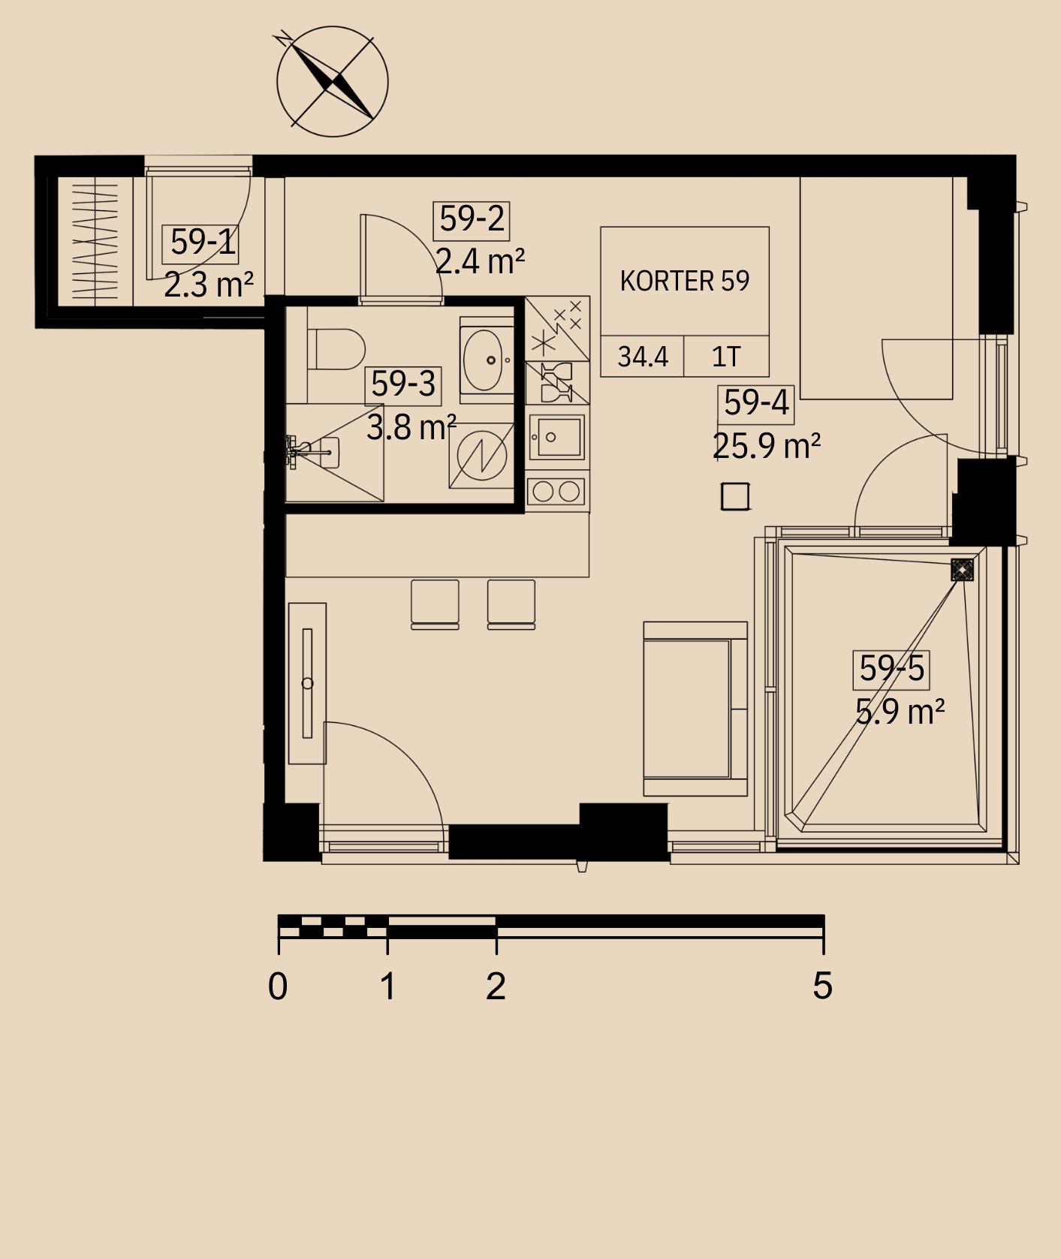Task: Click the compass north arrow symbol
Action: pyautogui.click(x=333, y=81)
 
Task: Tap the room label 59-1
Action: pyautogui.click(x=201, y=242)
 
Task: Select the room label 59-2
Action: pyautogui.click(x=472, y=219)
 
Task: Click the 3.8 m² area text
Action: pyautogui.click(x=411, y=427)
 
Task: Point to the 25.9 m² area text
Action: pyautogui.click(x=766, y=446)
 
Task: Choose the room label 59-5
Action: pyautogui.click(x=891, y=668)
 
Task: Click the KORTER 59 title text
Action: pyautogui.click(x=685, y=281)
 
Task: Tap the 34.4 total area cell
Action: pyautogui.click(x=643, y=356)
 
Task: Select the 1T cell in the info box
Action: pyautogui.click(x=726, y=356)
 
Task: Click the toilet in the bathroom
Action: pyautogui.click(x=336, y=348)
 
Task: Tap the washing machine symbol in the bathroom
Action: pyautogui.click(x=481, y=455)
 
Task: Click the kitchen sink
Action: pyautogui.click(x=556, y=437)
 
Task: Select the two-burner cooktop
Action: pyautogui.click(x=556, y=492)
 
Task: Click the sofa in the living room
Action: pyautogui.click(x=695, y=709)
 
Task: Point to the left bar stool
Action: pyautogui.click(x=435, y=604)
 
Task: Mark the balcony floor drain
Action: pyautogui.click(x=962, y=570)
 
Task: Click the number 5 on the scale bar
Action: pyautogui.click(x=823, y=986)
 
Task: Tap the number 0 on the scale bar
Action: pyautogui.click(x=278, y=986)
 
